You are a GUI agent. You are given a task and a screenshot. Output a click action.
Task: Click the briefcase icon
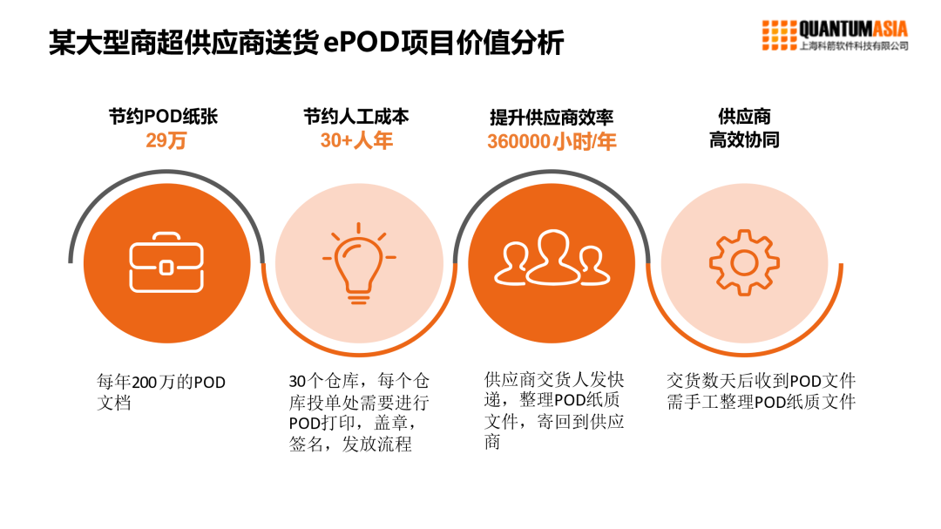(166, 262)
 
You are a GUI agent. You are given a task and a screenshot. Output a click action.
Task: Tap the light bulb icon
(358, 265)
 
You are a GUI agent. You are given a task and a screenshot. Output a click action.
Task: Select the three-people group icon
(552, 259)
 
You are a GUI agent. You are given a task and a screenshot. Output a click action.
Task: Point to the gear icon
(743, 261)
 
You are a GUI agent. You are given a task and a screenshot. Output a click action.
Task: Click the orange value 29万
(166, 139)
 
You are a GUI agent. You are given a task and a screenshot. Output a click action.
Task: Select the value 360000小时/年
(552, 141)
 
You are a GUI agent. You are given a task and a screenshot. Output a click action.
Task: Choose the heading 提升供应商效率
(552, 118)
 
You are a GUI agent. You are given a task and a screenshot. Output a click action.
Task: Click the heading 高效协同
(743, 139)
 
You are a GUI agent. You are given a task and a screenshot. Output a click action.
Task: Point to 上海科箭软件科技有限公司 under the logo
(853, 46)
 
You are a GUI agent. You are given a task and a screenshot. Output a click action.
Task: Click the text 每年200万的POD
(161, 382)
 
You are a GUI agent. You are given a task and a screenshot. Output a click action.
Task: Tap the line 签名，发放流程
(350, 444)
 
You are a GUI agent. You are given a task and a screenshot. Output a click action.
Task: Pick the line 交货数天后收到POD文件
(761, 381)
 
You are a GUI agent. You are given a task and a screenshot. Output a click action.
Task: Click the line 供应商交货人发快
(554, 379)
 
